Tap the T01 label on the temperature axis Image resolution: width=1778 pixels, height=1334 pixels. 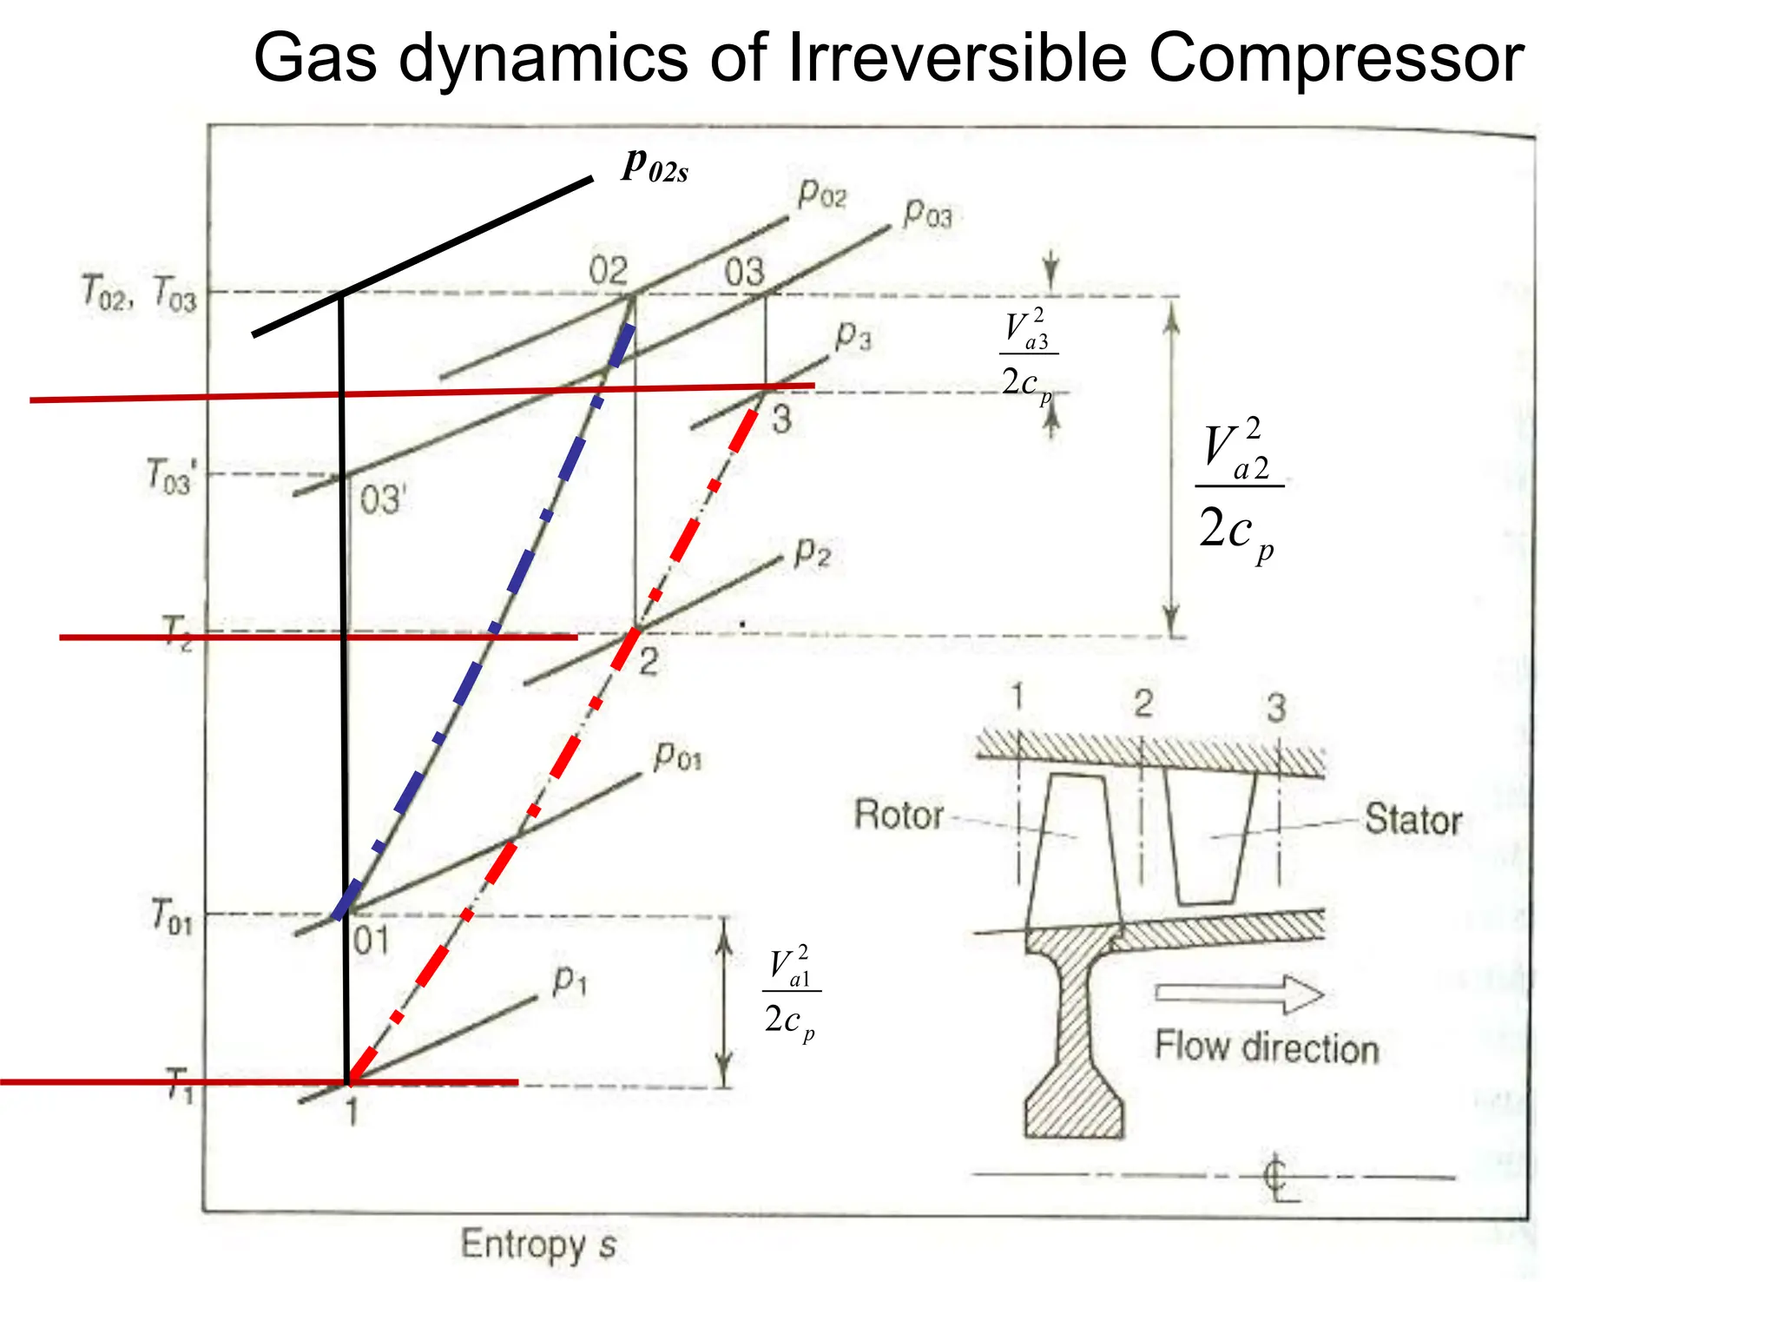tap(171, 916)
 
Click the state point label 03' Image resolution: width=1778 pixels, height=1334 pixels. tap(383, 500)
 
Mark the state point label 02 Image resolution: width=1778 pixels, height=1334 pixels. tap(608, 270)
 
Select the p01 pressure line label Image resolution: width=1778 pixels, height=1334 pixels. tap(678, 756)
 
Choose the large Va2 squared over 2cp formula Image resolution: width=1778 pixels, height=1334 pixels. tap(1239, 491)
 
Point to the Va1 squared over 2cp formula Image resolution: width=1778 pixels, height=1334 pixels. tap(791, 993)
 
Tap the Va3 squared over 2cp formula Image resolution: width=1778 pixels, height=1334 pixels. tap(1029, 356)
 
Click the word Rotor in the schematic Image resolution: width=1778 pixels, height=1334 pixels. tap(899, 815)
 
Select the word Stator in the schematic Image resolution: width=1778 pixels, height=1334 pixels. tap(1413, 819)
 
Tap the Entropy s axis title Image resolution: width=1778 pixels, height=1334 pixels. tap(538, 1244)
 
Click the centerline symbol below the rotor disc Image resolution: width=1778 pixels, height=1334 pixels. tap(1278, 1177)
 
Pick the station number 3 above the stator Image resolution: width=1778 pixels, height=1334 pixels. tap(1275, 708)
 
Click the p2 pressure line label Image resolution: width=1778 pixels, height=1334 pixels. tap(813, 552)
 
